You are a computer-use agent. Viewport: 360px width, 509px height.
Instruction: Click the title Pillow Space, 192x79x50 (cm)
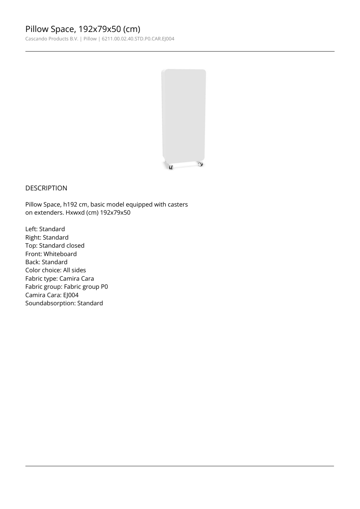pos(83,29)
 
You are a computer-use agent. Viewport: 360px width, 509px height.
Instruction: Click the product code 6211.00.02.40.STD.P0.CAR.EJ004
pos(138,39)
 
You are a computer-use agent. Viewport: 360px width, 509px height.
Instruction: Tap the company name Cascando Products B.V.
pos(52,39)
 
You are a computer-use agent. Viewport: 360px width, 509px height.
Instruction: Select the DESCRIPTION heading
pos(46,188)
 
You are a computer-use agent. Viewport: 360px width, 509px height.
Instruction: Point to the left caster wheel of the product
pos(171,167)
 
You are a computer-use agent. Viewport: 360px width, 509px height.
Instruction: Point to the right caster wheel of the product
pos(200,164)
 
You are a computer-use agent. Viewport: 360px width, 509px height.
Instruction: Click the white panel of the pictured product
pos(184,112)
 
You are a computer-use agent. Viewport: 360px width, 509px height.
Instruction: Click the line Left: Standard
pos(45,229)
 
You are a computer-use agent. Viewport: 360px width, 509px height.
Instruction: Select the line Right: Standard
pos(47,237)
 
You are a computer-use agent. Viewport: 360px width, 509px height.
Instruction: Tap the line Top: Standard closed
pos(55,246)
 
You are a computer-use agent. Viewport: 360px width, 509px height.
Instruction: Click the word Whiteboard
pos(60,254)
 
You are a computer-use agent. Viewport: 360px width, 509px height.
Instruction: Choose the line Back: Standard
pos(46,262)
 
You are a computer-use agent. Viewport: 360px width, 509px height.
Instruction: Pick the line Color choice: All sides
pos(56,270)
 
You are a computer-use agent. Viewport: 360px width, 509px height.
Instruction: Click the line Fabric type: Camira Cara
pos(59,279)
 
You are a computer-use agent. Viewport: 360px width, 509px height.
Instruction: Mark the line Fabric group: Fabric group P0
pos(66,287)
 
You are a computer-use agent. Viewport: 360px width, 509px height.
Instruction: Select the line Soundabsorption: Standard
pos(64,303)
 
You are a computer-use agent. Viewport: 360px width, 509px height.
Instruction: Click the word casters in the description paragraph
pos(178,204)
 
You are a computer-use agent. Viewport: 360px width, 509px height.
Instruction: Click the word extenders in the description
pos(49,213)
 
